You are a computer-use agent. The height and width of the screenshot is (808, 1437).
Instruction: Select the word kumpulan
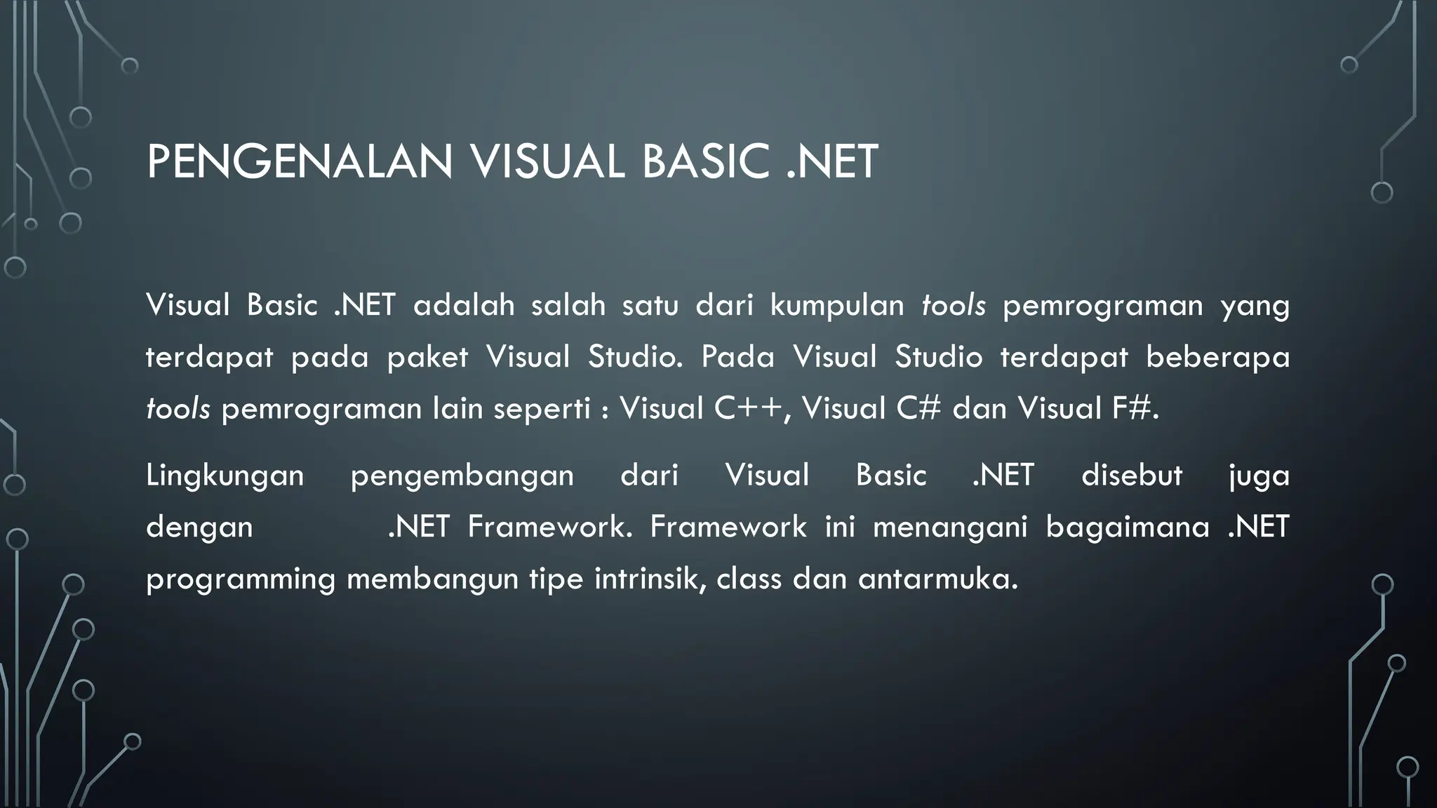[x=837, y=306]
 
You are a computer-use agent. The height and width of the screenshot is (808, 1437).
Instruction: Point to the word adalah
[x=464, y=306]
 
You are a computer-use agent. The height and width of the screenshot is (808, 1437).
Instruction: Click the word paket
[x=427, y=357]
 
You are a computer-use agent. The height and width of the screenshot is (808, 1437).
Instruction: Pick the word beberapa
[x=1217, y=357]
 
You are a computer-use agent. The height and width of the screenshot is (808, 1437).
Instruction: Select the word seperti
[x=542, y=408]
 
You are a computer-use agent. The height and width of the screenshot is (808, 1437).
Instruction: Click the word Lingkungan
[x=225, y=476]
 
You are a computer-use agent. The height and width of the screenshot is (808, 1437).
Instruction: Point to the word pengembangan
[x=462, y=476]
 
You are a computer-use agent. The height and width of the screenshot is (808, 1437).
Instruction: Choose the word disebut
[x=1131, y=476]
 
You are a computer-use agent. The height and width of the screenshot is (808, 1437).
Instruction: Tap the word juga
[x=1259, y=476]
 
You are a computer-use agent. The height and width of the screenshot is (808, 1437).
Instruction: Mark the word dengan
[x=199, y=527]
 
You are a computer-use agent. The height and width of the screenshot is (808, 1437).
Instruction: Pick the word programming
[x=241, y=580]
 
